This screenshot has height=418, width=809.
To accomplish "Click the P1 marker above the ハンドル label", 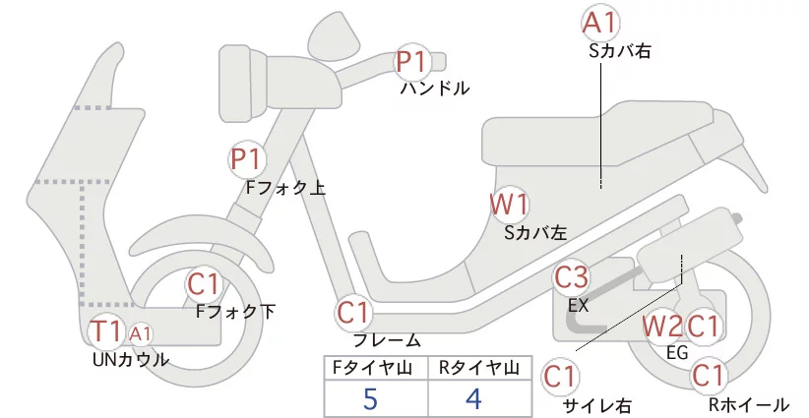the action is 412,62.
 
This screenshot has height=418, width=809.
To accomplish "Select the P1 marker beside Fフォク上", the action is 246,158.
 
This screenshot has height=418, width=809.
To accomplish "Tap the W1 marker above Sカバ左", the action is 509,205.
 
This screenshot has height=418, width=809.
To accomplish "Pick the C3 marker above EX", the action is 571,277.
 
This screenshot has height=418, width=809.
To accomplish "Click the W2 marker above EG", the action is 661,327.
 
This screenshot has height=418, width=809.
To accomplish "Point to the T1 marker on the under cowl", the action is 105,330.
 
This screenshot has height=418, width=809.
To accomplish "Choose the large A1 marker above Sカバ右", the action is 600,24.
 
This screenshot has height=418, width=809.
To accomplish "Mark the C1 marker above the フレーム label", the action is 353,313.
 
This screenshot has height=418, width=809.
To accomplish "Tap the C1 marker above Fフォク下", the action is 204,284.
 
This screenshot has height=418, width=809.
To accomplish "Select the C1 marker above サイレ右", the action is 560,377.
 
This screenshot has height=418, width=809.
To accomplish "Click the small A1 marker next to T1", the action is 140,334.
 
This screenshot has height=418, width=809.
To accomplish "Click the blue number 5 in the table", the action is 370,398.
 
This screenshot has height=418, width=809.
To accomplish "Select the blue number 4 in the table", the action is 473,398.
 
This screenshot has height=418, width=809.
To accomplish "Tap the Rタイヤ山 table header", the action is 478,368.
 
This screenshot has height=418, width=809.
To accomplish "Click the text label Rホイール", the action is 749,404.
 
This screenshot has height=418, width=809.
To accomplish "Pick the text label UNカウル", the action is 131,359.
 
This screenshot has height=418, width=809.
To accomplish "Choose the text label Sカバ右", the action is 619,50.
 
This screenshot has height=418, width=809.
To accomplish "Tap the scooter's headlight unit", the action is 243,84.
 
